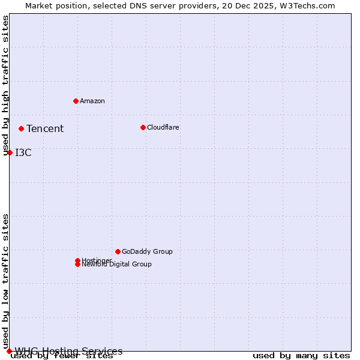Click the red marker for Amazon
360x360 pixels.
tap(76, 101)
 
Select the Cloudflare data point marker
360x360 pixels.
tap(143, 127)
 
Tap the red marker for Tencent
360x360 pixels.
tap(21, 128)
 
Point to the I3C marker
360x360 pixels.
tap(10, 152)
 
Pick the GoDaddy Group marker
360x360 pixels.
tap(118, 251)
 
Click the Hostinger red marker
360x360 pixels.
tap(77, 260)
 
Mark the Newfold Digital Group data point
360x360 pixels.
tap(77, 265)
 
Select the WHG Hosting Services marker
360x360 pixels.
tap(9, 351)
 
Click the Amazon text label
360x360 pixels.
tap(92, 101)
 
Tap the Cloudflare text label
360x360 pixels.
tap(163, 127)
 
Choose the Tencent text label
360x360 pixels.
tap(45, 128)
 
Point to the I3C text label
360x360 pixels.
tap(23, 152)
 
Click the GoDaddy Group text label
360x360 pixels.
tap(147, 251)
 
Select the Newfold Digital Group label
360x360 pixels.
tap(117, 265)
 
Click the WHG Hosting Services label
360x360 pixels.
tap(68, 351)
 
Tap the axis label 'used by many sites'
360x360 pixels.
tap(301, 356)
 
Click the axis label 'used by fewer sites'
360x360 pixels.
tap(62, 356)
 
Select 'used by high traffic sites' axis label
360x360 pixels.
tap(6, 85)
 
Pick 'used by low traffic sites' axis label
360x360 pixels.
tap(6, 281)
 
